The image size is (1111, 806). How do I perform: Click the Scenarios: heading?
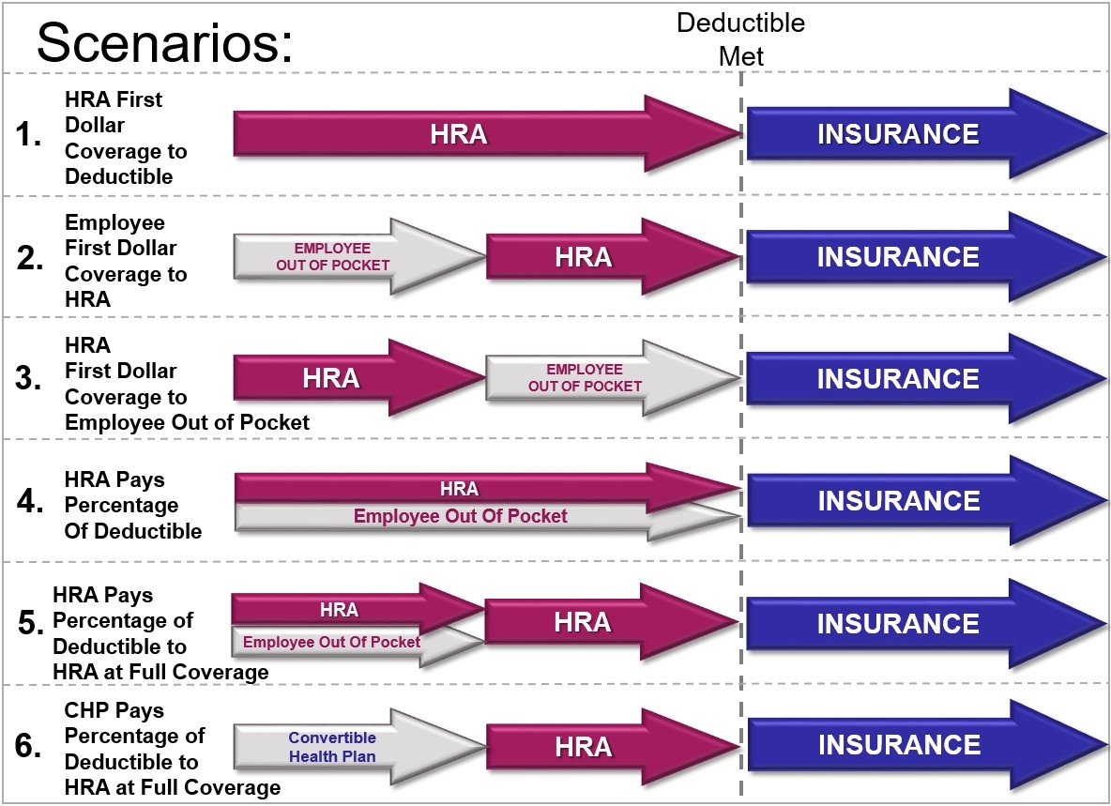[164, 44]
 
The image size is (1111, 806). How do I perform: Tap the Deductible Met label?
[741, 39]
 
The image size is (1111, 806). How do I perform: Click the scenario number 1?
[28, 134]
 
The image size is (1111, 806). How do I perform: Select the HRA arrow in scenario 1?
[488, 133]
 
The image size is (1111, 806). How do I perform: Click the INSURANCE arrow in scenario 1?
[926, 133]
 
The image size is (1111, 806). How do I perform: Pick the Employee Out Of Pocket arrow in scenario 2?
[360, 255]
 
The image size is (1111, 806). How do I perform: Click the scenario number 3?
[28, 378]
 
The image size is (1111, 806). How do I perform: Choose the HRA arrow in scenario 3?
[360, 377]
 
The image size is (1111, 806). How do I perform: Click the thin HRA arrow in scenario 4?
[488, 488]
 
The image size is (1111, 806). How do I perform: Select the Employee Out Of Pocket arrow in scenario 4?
[488, 517]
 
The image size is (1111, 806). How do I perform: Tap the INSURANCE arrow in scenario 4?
[926, 500]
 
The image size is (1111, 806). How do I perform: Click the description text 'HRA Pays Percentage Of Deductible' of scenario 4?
[133, 505]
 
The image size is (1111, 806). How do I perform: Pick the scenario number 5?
[31, 623]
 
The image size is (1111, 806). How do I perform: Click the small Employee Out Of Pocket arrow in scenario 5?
[358, 643]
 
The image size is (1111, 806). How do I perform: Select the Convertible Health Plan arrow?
[360, 747]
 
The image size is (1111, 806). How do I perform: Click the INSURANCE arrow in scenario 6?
[926, 744]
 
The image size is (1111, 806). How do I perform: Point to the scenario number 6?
[28, 746]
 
